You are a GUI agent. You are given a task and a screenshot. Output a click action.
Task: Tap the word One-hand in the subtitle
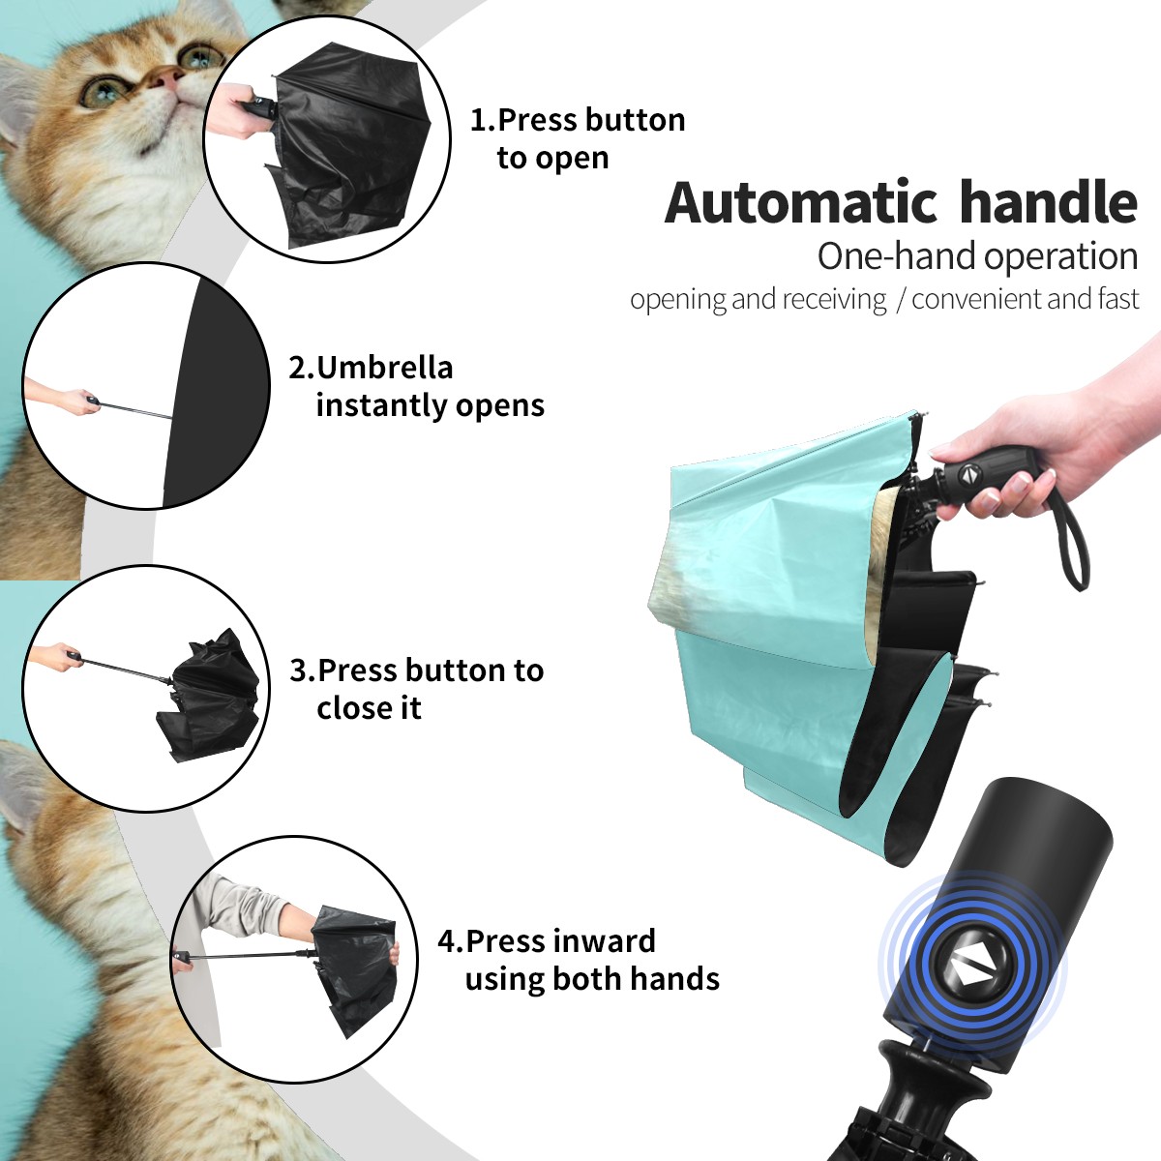tap(898, 256)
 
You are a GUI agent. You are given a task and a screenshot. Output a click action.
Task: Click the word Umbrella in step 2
tap(384, 368)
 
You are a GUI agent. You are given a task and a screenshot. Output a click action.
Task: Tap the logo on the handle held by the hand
tap(967, 473)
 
